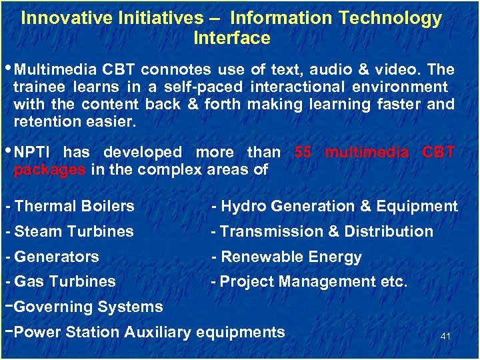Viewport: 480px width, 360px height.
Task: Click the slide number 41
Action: click(445, 336)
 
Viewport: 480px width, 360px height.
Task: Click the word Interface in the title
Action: click(231, 39)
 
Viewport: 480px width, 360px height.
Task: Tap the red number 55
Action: click(303, 153)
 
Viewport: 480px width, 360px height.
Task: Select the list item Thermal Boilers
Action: click(74, 207)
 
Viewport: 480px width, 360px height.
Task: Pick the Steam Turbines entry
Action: click(73, 232)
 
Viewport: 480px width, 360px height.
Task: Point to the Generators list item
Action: click(56, 257)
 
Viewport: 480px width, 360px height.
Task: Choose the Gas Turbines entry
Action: click(65, 282)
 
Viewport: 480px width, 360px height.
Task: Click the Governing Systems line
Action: click(88, 307)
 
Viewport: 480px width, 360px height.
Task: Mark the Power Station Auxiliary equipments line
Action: click(149, 332)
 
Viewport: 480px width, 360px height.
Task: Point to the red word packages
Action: click(49, 170)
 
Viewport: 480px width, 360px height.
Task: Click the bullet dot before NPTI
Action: click(9, 151)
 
